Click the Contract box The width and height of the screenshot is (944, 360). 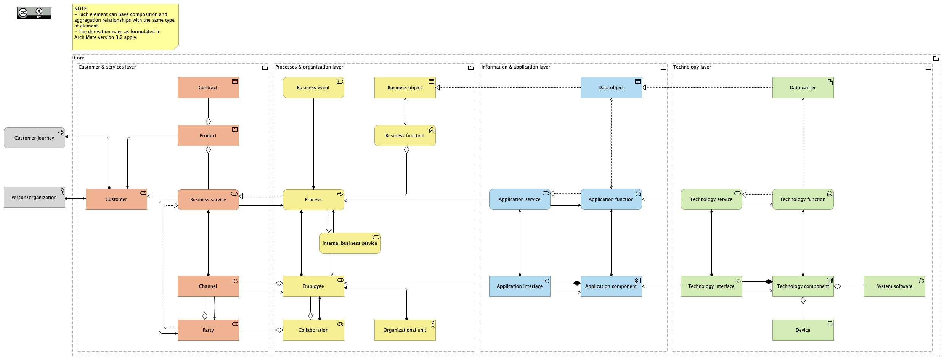pyautogui.click(x=208, y=88)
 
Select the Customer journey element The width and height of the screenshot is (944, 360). pyautogui.click(x=34, y=138)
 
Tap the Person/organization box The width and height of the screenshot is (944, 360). pyautogui.click(x=34, y=197)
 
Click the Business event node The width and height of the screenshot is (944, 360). pyautogui.click(x=313, y=88)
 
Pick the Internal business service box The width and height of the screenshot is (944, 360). pyautogui.click(x=350, y=243)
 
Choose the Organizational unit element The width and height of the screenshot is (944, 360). pyautogui.click(x=405, y=330)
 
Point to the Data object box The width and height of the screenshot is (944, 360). pyautogui.click(x=611, y=88)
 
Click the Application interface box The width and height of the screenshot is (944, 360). pyautogui.click(x=519, y=286)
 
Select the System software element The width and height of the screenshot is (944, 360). pyautogui.click(x=894, y=286)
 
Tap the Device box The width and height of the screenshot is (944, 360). pyautogui.click(x=803, y=330)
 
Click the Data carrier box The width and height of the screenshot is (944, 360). pyautogui.click(x=803, y=88)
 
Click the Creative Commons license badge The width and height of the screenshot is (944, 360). pyautogui.click(x=34, y=13)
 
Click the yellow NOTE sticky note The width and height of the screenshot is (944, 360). pyautogui.click(x=125, y=27)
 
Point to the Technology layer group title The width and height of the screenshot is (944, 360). pyautogui.click(x=692, y=67)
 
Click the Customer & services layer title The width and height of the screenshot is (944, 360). pyautogui.click(x=107, y=67)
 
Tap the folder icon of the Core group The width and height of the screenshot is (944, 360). pyautogui.click(x=936, y=58)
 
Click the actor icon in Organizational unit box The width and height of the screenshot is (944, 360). pyautogui.click(x=433, y=324)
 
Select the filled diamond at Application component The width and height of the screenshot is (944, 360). pyautogui.click(x=576, y=283)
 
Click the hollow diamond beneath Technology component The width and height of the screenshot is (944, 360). pyautogui.click(x=803, y=301)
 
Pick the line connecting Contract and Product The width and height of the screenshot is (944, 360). pyautogui.click(x=208, y=109)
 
